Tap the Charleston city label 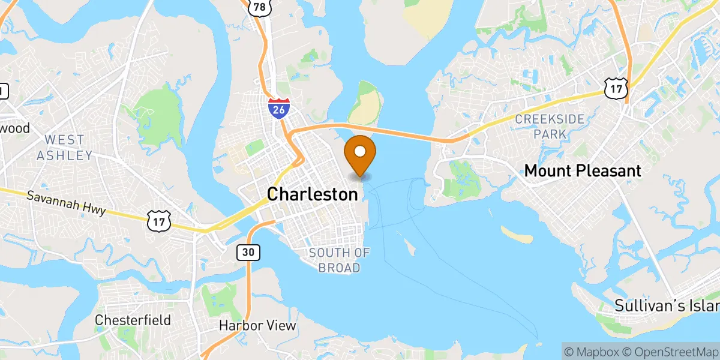pos(312,194)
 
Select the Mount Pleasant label pos(583,171)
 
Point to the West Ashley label pos(64,148)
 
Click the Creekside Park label pos(550,127)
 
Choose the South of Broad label pos(339,260)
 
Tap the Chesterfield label pos(133,320)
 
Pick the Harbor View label pos(257,326)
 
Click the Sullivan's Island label pos(666,305)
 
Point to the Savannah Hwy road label pos(67,203)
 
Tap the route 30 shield pos(248,253)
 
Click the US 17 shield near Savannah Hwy pos(158,221)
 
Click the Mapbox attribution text pos(590,350)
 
